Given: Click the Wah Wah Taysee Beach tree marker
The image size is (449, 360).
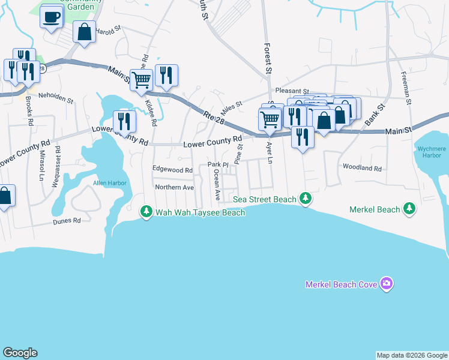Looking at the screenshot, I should tap(146, 212).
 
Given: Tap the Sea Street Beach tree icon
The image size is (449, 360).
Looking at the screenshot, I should tap(306, 199).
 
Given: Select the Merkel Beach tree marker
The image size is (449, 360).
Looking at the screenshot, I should tap(409, 209).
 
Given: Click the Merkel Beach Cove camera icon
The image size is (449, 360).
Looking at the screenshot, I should tap(387, 284).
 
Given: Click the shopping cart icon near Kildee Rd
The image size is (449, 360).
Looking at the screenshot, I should tap(141, 79).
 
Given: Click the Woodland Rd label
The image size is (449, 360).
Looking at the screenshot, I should tap(362, 169).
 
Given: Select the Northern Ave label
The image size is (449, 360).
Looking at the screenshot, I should tap(175, 187).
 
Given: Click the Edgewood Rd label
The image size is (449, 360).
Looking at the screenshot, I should tap(172, 170).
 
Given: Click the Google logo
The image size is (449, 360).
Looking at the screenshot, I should tap(20, 353).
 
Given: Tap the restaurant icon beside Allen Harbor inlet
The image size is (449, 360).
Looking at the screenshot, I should tap(124, 121).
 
